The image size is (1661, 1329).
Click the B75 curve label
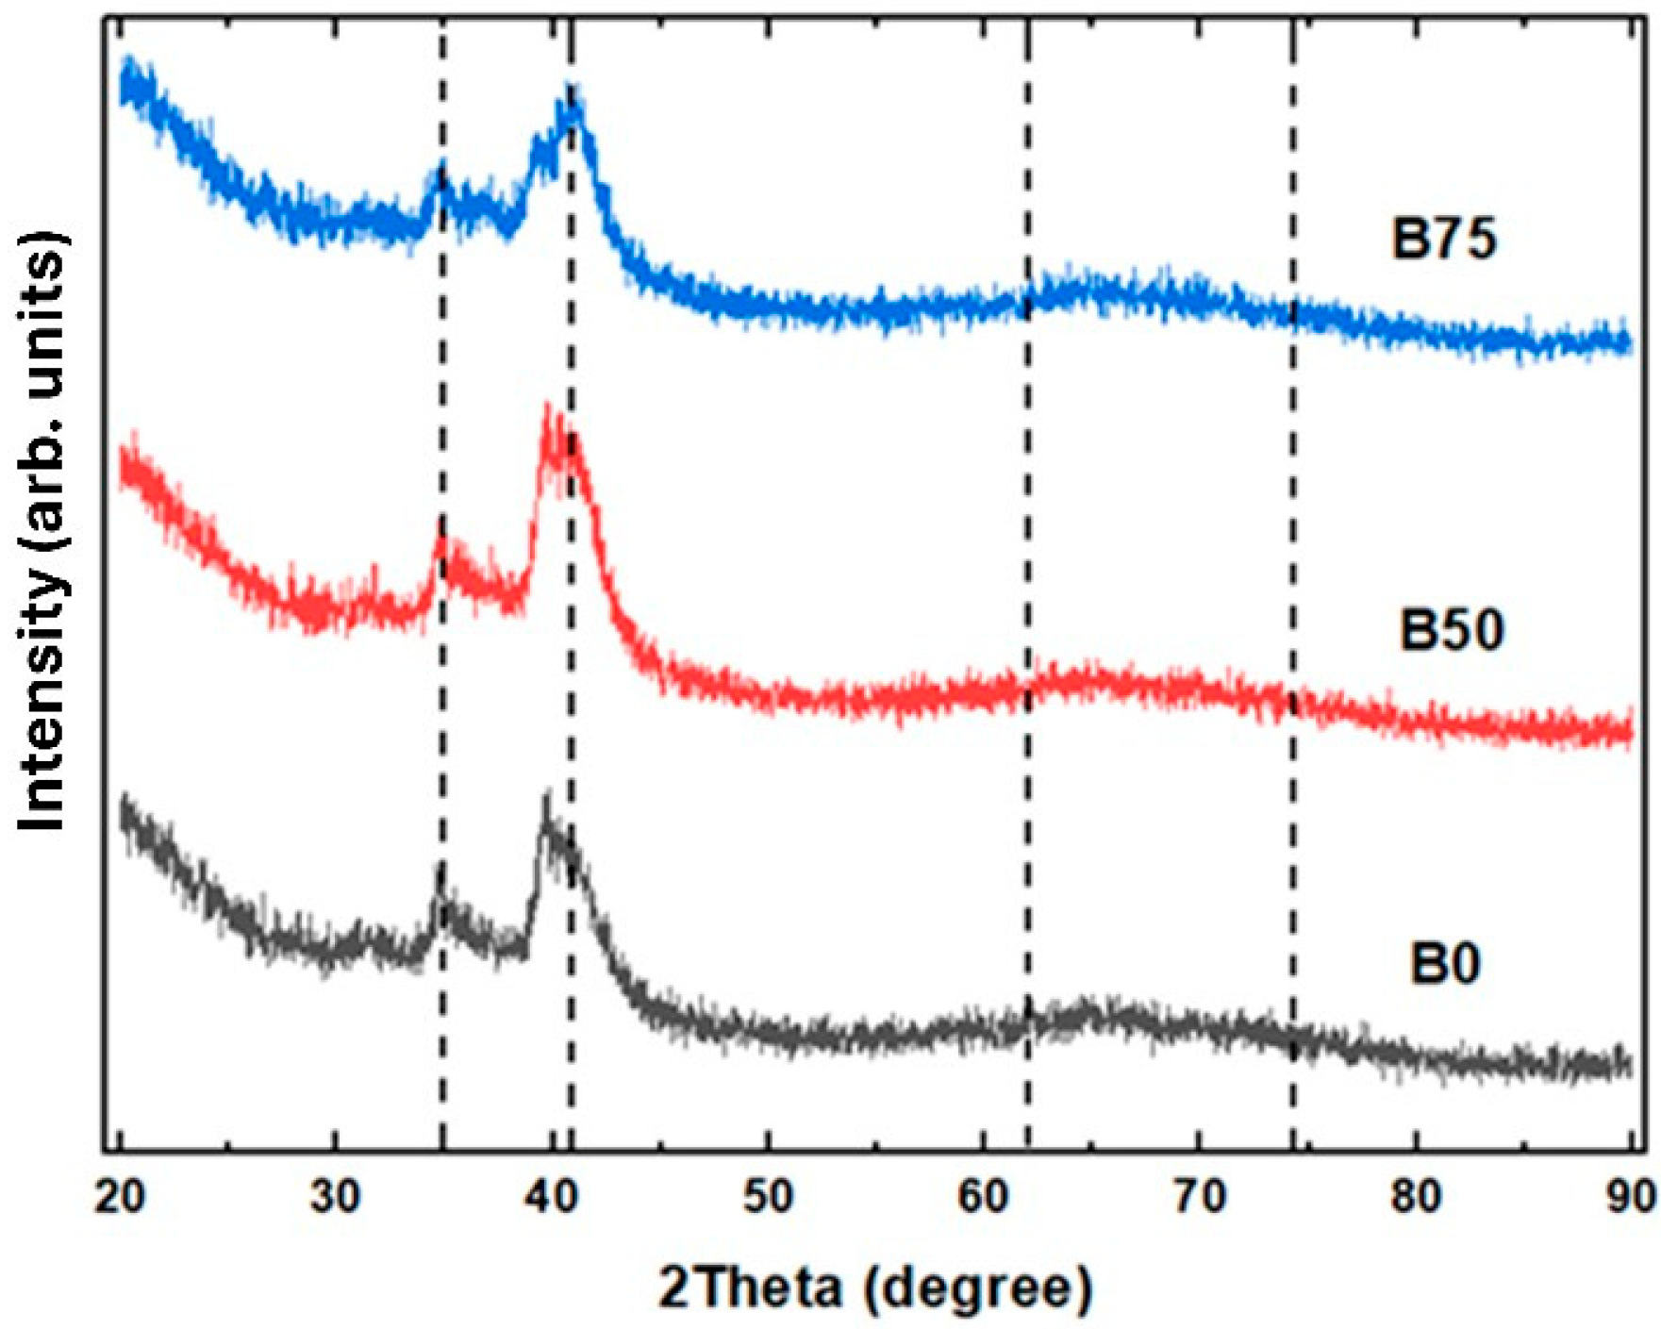point(1444,240)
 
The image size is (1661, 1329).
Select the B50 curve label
point(1451,630)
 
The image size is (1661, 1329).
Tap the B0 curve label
point(1445,963)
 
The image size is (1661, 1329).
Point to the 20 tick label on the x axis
point(120,1196)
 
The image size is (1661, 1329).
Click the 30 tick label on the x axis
point(336,1196)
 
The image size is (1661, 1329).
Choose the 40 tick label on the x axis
point(552,1196)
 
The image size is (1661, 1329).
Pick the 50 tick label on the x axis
point(769,1196)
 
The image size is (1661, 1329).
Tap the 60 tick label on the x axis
point(984,1196)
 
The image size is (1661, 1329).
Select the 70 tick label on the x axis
point(1200,1196)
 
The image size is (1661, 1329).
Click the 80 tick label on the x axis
point(1416,1196)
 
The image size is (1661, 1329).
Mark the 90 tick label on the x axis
point(1630,1196)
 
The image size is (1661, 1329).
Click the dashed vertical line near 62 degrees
point(1027,566)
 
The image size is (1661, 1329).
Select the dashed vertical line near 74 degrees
point(1292,566)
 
